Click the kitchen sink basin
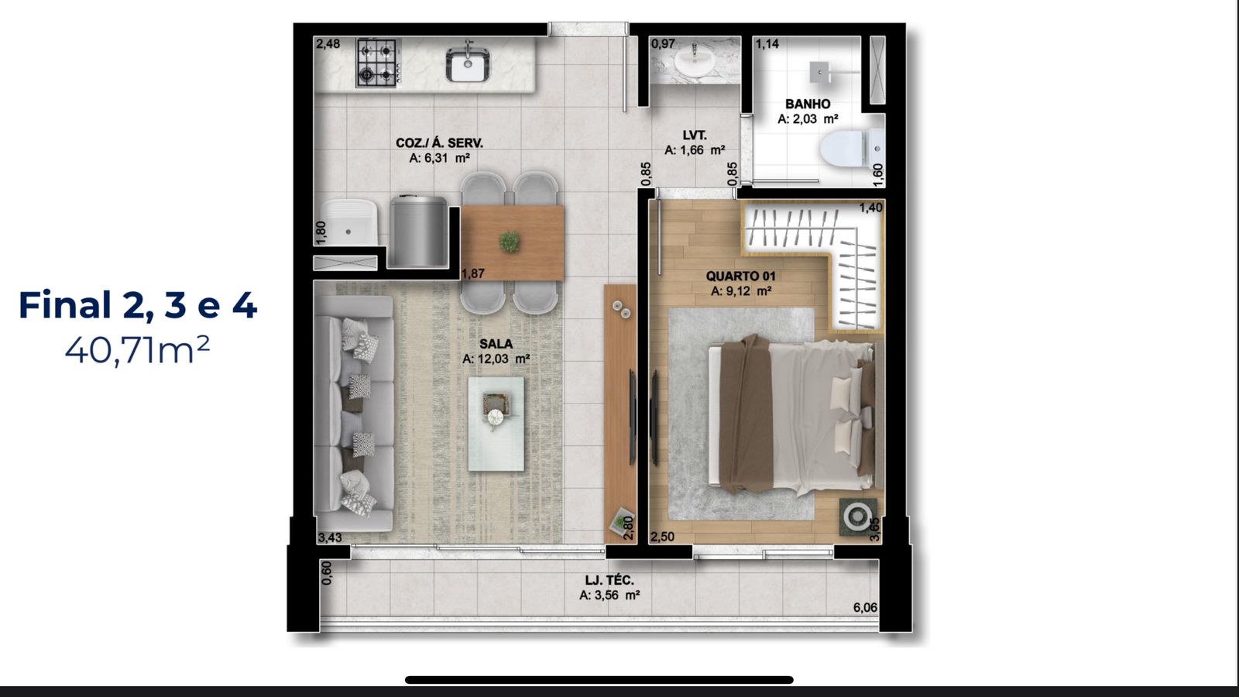pyautogui.click(x=468, y=64)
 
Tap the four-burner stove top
pyautogui.click(x=376, y=63)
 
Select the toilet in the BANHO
pyautogui.click(x=853, y=149)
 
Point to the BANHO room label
pyautogui.click(x=808, y=104)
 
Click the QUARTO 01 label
pyautogui.click(x=740, y=276)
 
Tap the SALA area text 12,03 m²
pyautogui.click(x=496, y=359)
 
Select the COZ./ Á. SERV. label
pyautogui.click(x=439, y=143)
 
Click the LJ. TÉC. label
pyautogui.click(x=609, y=580)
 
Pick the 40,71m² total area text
pyautogui.click(x=137, y=350)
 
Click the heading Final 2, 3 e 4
pyautogui.click(x=138, y=305)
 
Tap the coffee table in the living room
pyautogui.click(x=496, y=424)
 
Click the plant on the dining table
pyautogui.click(x=509, y=242)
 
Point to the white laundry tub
pyautogui.click(x=349, y=223)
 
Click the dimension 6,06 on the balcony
pyautogui.click(x=865, y=607)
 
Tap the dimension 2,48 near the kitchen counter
pyautogui.click(x=328, y=43)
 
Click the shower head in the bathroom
pyautogui.click(x=819, y=71)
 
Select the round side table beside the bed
pyautogui.click(x=857, y=517)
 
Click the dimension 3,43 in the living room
pyautogui.click(x=330, y=537)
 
